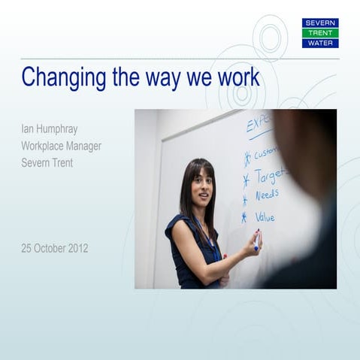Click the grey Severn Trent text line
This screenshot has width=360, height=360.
47,162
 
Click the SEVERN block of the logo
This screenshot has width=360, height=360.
320,23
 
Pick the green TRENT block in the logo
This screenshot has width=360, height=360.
320,33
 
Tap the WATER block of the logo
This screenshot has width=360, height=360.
320,43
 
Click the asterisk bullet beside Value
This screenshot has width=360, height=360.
244,218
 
